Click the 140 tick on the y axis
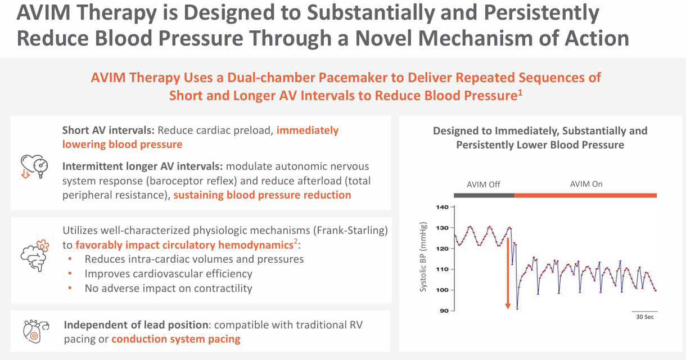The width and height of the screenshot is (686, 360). pyautogui.click(x=443, y=207)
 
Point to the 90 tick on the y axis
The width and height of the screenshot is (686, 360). pyautogui.click(x=444, y=310)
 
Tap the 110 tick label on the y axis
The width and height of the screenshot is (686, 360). pyautogui.click(x=443, y=269)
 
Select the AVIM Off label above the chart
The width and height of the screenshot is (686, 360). pyautogui.click(x=483, y=184)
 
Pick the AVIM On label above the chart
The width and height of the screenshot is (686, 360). pyautogui.click(x=586, y=184)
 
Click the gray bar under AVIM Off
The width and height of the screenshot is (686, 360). pyautogui.click(x=484, y=195)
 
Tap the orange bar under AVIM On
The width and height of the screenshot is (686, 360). pyautogui.click(x=585, y=195)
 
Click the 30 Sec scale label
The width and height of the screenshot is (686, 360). pyautogui.click(x=644, y=317)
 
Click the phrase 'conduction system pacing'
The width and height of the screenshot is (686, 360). pyautogui.click(x=176, y=339)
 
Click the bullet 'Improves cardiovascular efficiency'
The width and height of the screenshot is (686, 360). pyautogui.click(x=168, y=274)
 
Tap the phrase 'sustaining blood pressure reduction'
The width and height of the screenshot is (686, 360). pyautogui.click(x=262, y=195)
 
